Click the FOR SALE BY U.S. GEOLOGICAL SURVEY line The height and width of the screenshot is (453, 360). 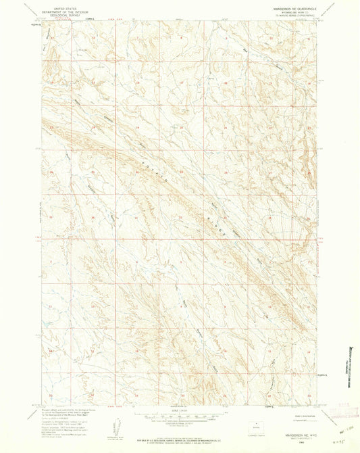coord(179,433)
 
